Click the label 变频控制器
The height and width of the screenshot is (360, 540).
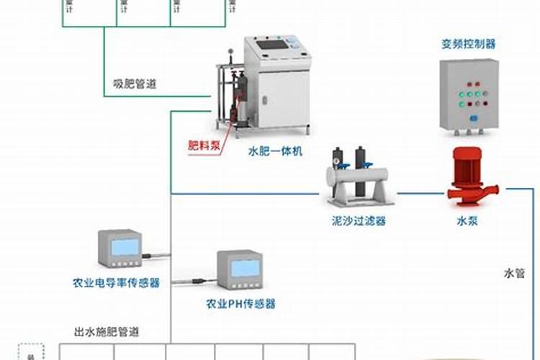469,44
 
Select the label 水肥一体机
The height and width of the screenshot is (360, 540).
276,151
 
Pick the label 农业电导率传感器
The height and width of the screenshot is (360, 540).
116,283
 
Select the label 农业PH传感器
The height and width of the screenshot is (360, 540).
240,303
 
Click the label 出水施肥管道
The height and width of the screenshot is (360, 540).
107,332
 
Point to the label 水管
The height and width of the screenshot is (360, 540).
514,274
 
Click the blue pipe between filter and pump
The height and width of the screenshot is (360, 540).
418,193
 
